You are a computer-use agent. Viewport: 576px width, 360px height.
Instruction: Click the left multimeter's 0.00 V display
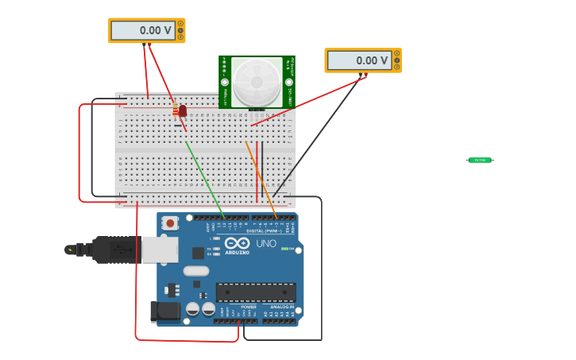(x=143, y=30)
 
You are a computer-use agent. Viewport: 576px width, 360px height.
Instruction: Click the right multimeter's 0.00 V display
(x=359, y=60)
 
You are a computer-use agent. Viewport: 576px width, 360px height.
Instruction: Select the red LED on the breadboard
(x=183, y=110)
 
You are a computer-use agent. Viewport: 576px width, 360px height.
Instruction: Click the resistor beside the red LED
(x=176, y=110)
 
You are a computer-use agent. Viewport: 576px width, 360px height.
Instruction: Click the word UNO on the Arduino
(x=266, y=244)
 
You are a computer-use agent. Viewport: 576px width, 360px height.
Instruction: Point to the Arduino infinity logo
(x=237, y=243)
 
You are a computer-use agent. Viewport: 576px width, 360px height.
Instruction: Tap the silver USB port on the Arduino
(x=160, y=249)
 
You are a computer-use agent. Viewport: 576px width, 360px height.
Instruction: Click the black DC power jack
(x=164, y=312)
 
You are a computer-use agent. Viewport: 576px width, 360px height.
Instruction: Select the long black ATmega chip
(x=256, y=292)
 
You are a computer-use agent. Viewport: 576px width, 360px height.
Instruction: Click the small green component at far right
(x=480, y=161)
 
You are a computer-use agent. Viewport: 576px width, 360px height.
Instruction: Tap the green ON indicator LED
(x=284, y=249)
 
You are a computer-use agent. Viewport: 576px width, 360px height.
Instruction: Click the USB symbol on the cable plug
(x=70, y=250)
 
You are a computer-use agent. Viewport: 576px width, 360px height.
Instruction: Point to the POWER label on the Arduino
(x=249, y=307)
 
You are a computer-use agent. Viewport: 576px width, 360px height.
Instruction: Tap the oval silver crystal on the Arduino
(x=195, y=271)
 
